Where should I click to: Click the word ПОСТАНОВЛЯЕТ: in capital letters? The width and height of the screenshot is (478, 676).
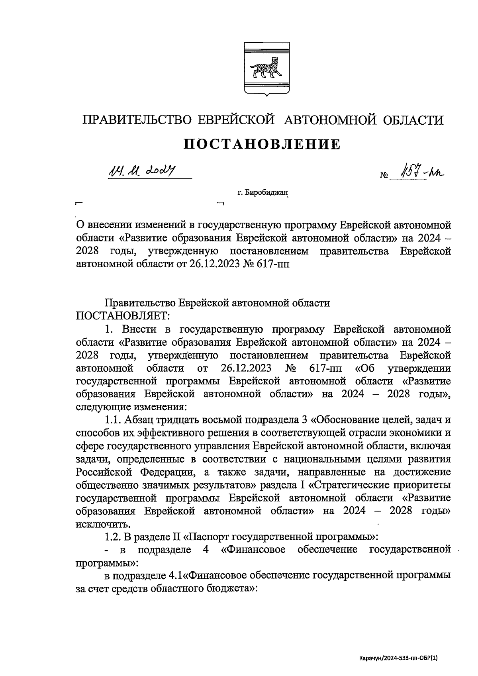tap(123, 316)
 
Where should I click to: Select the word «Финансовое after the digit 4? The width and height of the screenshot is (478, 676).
tap(253, 550)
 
